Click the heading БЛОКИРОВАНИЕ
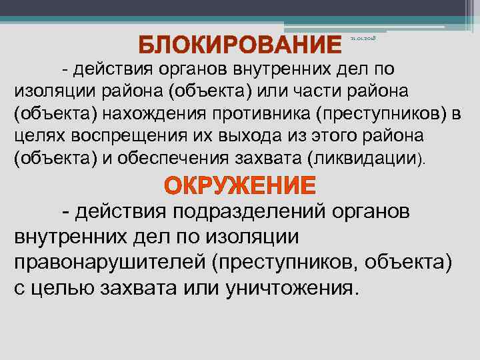tap(244, 45)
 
